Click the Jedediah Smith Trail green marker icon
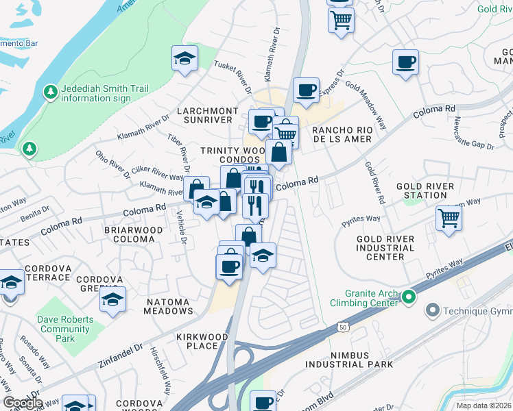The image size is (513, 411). [x=50, y=92]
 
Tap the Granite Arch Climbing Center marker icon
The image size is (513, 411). [x=409, y=297]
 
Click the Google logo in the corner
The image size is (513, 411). [x=23, y=403]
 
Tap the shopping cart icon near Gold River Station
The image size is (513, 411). [x=449, y=219]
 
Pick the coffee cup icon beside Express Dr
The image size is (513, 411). [x=306, y=89]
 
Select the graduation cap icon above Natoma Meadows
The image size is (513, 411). [x=112, y=299]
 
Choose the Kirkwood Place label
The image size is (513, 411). [x=197, y=341]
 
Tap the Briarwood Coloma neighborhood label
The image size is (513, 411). [x=133, y=235]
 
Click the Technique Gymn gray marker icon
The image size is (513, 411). [x=432, y=311]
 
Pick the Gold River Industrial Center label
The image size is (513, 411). [x=385, y=247]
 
